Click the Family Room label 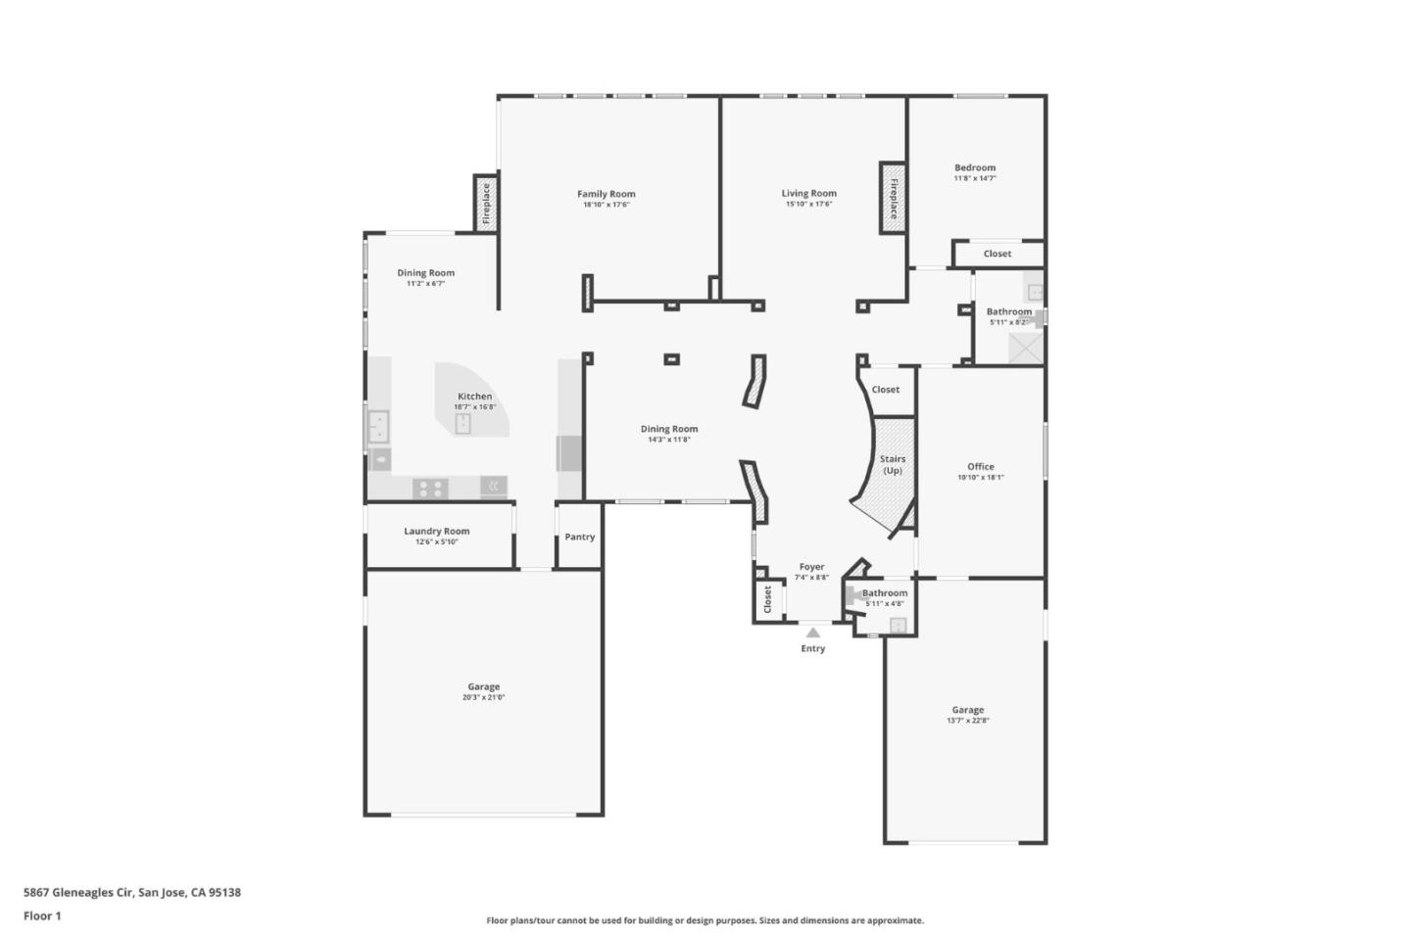606,194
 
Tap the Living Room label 808,193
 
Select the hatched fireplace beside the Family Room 485,203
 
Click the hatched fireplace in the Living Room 893,198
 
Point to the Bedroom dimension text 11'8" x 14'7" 975,178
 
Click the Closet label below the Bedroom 997,254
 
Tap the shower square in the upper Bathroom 1026,348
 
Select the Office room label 980,467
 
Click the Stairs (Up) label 892,464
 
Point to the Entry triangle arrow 812,633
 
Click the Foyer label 811,567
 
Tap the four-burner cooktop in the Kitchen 430,487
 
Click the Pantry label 579,537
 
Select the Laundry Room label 436,531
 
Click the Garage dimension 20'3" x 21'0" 483,698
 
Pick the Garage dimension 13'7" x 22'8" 967,721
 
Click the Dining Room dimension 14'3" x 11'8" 668,440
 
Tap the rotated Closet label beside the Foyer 767,599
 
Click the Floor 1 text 42,916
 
